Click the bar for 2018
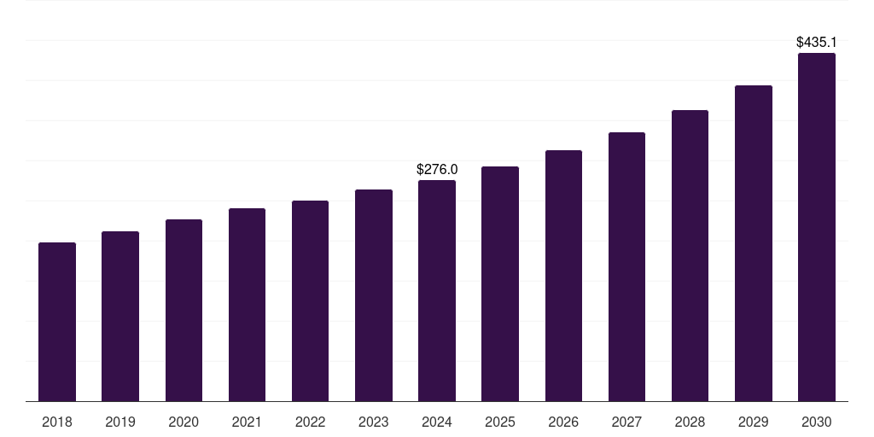(x=57, y=322)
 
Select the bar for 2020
(x=184, y=311)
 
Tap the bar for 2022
(x=310, y=301)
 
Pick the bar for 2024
(x=437, y=290)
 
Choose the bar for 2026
(x=563, y=276)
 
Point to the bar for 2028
(x=690, y=256)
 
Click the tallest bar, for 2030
(x=817, y=227)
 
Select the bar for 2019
(x=120, y=316)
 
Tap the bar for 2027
(x=626, y=267)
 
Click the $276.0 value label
(x=437, y=170)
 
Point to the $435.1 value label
(x=817, y=43)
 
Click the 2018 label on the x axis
(x=57, y=422)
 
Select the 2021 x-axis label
(x=247, y=422)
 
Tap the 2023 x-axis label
(x=374, y=422)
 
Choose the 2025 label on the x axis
(x=500, y=422)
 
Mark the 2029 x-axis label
(x=753, y=422)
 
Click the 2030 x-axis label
(x=817, y=422)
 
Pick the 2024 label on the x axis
(x=437, y=422)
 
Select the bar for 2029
(x=754, y=243)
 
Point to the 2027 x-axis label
(x=626, y=422)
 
